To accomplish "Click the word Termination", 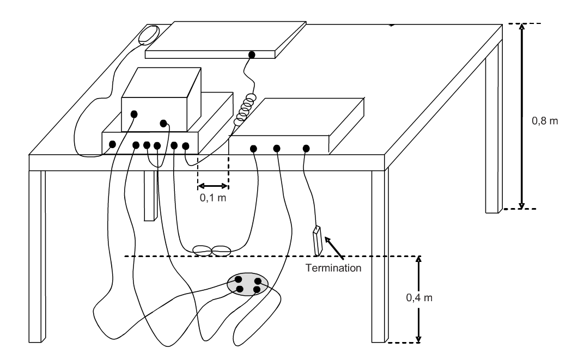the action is (333, 268).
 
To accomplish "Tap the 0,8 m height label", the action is (544, 121).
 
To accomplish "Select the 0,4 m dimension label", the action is (419, 297).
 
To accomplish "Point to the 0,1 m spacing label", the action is (213, 198).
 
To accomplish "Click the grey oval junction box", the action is (248, 284).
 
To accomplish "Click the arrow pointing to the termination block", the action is (334, 247).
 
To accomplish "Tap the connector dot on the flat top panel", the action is (252, 55).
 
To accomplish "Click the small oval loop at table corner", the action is (149, 35).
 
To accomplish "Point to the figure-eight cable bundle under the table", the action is (212, 251).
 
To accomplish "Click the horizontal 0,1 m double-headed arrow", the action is (213, 186).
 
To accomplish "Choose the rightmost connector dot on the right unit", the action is (306, 148).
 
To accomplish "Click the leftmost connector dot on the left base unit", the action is (112, 144).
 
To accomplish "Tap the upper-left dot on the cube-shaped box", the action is (134, 114).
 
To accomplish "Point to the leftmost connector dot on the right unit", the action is (253, 149).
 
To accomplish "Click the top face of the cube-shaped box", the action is (161, 82).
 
